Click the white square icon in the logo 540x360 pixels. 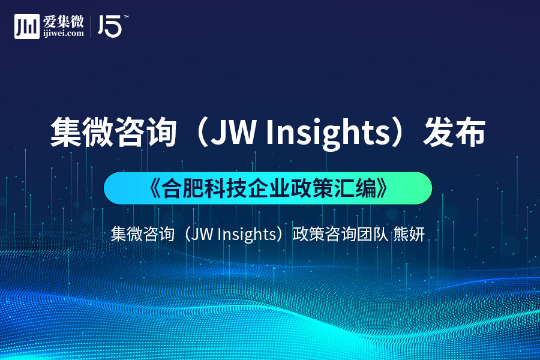[x=27, y=26]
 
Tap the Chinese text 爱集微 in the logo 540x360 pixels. [x=64, y=22]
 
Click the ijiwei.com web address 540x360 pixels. [x=64, y=34]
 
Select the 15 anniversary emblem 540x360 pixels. [x=110, y=26]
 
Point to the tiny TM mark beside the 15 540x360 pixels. [x=126, y=16]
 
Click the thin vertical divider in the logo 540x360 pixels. [x=91, y=26]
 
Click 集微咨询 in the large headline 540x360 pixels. [x=113, y=133]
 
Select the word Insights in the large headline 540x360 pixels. [x=328, y=134]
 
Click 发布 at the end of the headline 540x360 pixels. [x=454, y=133]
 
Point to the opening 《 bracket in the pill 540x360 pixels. [x=155, y=188]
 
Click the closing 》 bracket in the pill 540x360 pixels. [x=382, y=188]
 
